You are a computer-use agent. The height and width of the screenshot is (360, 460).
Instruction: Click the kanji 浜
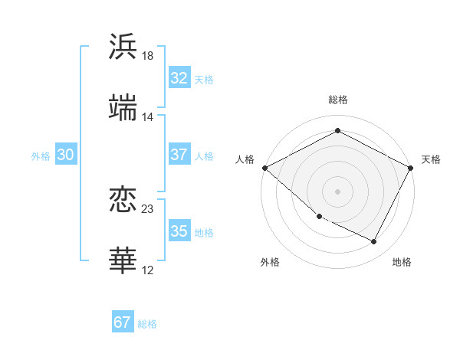(123, 47)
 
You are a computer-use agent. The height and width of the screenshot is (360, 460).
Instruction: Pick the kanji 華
(123, 260)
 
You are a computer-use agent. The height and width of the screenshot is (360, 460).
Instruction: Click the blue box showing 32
(179, 78)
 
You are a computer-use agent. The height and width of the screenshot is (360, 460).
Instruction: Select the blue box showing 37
(179, 155)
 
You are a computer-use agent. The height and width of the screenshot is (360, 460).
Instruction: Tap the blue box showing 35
(179, 231)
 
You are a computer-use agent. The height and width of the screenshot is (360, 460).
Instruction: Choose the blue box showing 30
(65, 155)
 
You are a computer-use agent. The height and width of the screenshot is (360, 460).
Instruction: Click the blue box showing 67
(122, 322)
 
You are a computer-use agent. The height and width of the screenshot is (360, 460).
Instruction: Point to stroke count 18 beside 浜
(148, 56)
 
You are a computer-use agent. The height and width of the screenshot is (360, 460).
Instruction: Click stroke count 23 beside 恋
(148, 208)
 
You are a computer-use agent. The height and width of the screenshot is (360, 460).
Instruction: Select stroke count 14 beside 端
(148, 117)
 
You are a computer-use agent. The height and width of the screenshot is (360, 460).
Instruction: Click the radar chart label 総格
(337, 100)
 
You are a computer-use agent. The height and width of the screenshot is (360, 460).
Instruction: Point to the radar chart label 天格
(431, 159)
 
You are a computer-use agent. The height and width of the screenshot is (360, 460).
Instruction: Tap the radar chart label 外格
(270, 262)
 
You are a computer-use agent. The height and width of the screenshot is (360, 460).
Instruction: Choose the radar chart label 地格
(402, 262)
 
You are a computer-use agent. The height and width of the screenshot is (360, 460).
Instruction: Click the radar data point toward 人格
(264, 168)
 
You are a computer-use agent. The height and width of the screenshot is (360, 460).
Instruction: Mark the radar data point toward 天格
(411, 168)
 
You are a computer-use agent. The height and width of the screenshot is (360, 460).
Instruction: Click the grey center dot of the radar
(337, 191)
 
